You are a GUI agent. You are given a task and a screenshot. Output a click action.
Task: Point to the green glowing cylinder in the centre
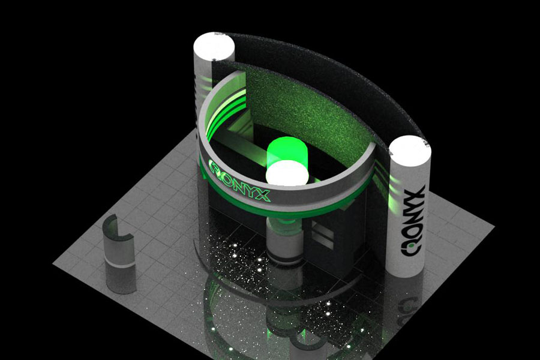click(286, 153)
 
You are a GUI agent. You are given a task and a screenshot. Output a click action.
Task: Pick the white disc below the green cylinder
click(287, 174)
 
